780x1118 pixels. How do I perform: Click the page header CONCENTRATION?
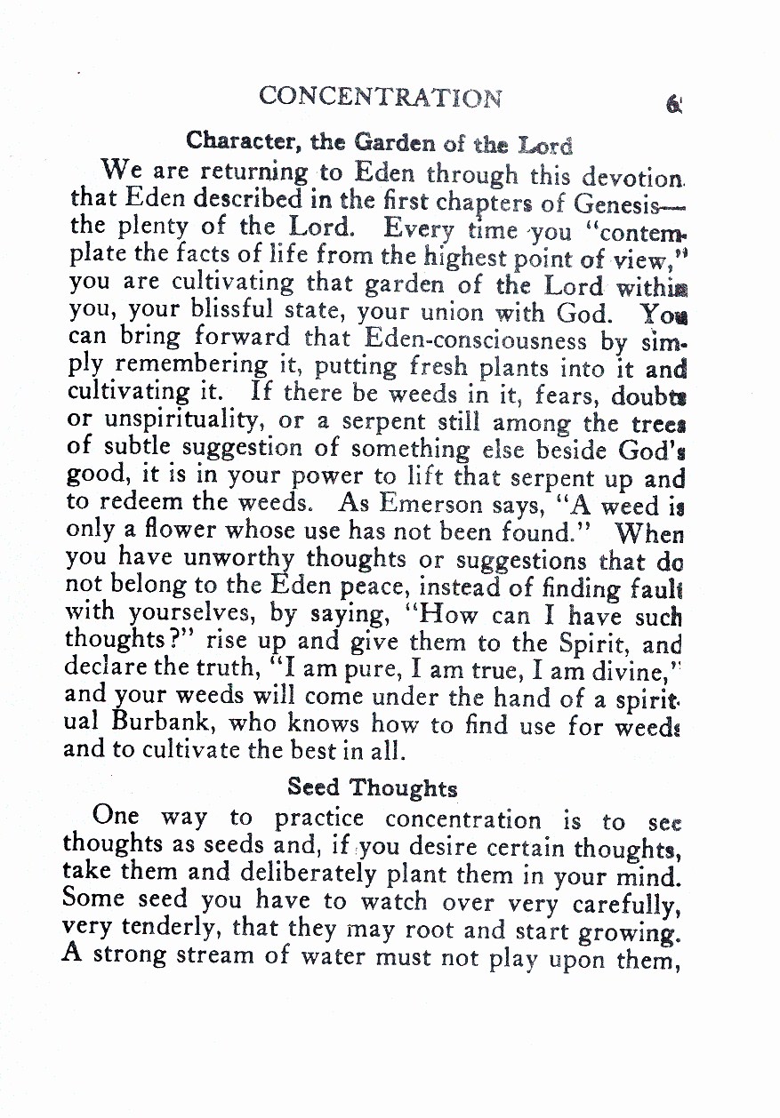point(381,97)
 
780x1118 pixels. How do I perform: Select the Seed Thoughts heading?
point(373,787)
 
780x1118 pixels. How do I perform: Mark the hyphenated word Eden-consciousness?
point(476,340)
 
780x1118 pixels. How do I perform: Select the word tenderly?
point(169,930)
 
